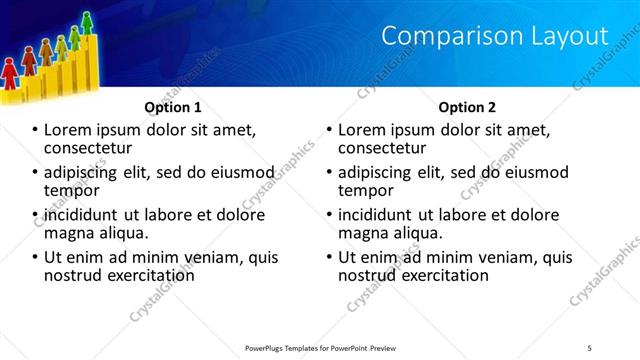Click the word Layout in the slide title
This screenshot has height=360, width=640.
(x=567, y=36)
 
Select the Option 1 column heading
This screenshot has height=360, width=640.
(x=173, y=106)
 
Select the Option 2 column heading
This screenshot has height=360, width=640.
(x=466, y=106)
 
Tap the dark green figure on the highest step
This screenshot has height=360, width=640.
(x=87, y=21)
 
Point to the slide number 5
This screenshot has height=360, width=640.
(x=590, y=348)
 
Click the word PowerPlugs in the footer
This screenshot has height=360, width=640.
(x=269, y=348)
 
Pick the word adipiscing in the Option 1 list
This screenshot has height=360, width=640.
(x=86, y=172)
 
